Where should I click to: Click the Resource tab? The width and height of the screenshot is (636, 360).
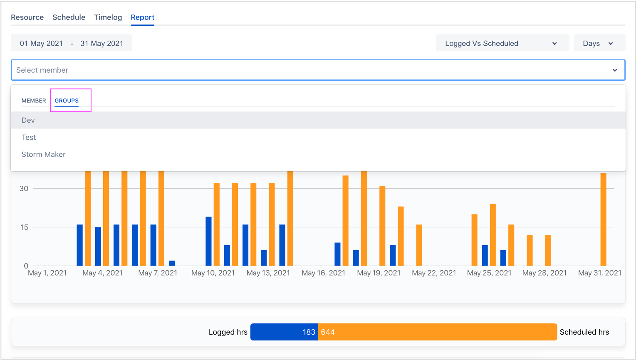[27, 17]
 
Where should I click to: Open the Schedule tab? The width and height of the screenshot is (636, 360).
[69, 17]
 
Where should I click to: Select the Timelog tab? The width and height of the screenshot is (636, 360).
[108, 17]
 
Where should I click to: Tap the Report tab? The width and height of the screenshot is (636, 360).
[142, 17]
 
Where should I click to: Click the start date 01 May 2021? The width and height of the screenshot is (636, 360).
[41, 44]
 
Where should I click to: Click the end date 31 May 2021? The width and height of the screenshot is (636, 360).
[101, 44]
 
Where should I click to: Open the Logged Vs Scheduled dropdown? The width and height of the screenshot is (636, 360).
[502, 44]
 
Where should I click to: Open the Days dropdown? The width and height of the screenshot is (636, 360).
[599, 44]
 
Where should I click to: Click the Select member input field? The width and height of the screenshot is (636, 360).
[312, 70]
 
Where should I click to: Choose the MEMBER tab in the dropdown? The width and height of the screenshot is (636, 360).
[34, 101]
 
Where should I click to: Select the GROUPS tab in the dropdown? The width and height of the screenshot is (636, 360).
[67, 101]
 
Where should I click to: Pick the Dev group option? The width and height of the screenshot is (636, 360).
[28, 120]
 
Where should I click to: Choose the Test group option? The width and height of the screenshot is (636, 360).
[29, 137]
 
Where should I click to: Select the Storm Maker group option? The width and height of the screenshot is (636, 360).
[44, 154]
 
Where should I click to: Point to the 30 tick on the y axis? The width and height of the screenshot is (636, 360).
[24, 189]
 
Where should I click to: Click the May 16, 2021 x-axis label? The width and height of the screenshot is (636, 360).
[323, 273]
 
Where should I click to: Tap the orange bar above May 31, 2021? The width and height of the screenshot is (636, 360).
[603, 219]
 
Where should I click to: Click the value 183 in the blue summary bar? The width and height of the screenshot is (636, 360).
[309, 332]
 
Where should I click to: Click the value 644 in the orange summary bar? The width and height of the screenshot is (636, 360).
[328, 332]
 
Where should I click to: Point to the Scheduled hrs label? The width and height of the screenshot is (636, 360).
[584, 332]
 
